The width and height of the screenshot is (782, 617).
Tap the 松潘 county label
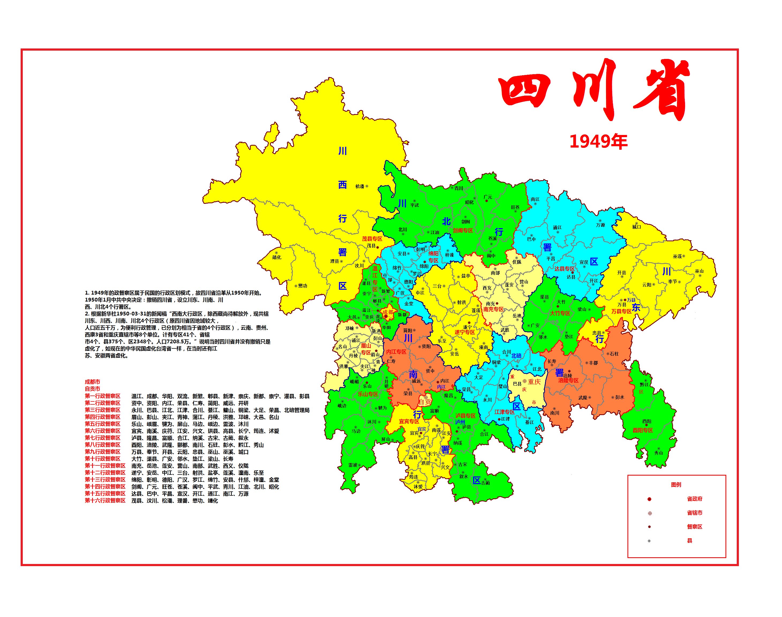[360, 186]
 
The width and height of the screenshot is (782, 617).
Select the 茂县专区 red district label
[372, 239]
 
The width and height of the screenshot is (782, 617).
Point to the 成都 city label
[388, 312]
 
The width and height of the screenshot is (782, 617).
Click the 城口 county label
[636, 227]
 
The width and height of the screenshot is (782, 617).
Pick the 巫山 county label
[699, 271]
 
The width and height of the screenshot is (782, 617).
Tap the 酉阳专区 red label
[642, 430]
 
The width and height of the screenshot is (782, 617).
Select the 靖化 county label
[277, 258]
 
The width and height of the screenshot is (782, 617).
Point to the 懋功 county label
[302, 286]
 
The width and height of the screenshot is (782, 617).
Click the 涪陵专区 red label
[568, 380]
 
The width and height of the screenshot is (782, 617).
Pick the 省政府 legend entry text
[694, 499]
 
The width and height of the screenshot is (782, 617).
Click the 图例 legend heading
[676, 485]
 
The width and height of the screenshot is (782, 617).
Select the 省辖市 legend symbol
[649, 513]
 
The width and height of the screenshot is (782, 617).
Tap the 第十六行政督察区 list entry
[105, 501]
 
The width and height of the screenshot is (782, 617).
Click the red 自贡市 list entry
[92, 389]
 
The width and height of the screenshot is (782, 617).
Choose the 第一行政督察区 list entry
[103, 396]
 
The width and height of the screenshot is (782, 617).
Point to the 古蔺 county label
[486, 483]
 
